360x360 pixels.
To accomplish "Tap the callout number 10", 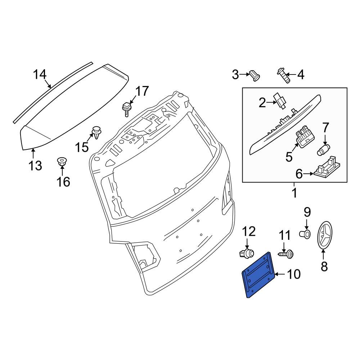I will tap(294, 275).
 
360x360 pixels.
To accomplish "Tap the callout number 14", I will tap(40, 75).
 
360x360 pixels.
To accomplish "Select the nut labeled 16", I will tap(62, 162).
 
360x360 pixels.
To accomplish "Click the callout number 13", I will tap(35, 166).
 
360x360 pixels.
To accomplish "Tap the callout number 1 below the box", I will tap(294, 193).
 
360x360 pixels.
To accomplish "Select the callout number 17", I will tap(141, 91).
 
